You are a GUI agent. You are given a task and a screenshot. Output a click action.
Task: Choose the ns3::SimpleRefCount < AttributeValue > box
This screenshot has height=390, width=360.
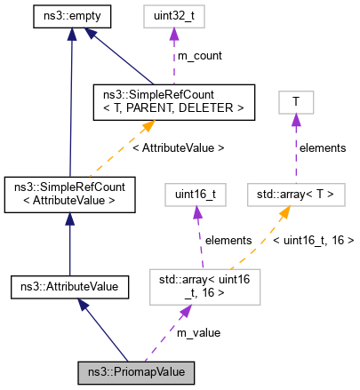[69, 195]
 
